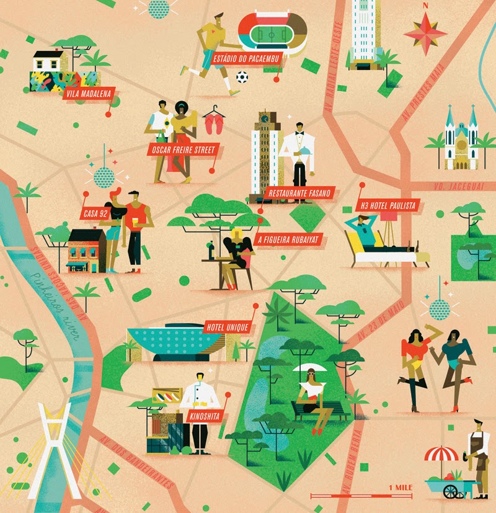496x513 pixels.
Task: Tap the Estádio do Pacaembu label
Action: click(246, 60)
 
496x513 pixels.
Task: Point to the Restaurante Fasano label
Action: click(300, 194)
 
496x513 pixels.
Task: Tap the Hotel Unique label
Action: click(226, 327)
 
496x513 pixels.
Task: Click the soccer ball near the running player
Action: click(242, 78)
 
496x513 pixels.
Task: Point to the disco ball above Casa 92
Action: click(104, 176)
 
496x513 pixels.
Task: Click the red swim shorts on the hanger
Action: click(213, 125)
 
